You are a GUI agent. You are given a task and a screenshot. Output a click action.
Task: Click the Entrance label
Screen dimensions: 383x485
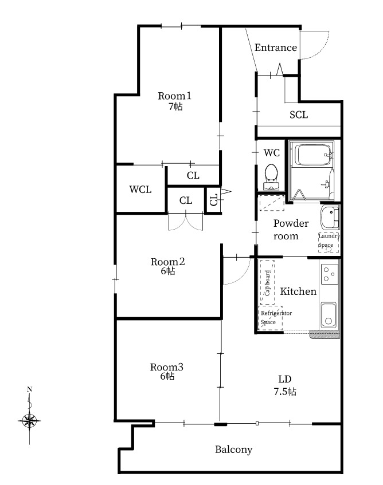click(276, 48)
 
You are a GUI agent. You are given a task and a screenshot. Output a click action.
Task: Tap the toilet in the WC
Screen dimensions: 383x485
click(271, 176)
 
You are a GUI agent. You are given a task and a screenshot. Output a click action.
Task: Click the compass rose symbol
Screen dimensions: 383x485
click(29, 420)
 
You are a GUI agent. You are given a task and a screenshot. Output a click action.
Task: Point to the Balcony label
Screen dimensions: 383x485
click(234, 449)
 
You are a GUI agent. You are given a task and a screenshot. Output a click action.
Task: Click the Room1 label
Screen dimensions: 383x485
click(175, 96)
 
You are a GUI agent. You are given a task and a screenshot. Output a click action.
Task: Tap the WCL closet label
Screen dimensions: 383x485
click(140, 190)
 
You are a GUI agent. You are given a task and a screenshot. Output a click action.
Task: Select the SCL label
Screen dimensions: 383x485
click(299, 115)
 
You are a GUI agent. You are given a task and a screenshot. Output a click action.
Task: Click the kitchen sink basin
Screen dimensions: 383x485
click(329, 315)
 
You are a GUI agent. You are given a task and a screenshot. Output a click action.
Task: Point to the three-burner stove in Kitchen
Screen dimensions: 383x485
click(329, 274)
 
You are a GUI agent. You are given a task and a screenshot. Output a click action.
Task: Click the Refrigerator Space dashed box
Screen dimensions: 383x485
click(270, 318)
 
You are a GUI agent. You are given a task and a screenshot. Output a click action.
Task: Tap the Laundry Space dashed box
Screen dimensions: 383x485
click(329, 243)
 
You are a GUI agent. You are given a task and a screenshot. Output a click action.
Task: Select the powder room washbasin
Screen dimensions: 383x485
click(330, 218)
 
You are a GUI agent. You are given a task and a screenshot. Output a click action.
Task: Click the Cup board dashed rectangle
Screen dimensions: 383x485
click(267, 282)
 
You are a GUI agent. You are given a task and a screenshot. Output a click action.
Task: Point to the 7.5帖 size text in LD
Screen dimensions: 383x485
click(285, 392)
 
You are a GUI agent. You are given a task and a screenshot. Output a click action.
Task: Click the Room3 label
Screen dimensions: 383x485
click(167, 367)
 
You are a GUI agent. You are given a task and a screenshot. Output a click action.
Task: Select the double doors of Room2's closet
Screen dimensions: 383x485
click(186, 222)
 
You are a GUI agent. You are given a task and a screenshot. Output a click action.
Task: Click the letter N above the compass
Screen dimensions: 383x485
click(29, 389)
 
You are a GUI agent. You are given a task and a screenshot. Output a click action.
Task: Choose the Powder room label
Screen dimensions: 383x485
click(291, 230)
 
